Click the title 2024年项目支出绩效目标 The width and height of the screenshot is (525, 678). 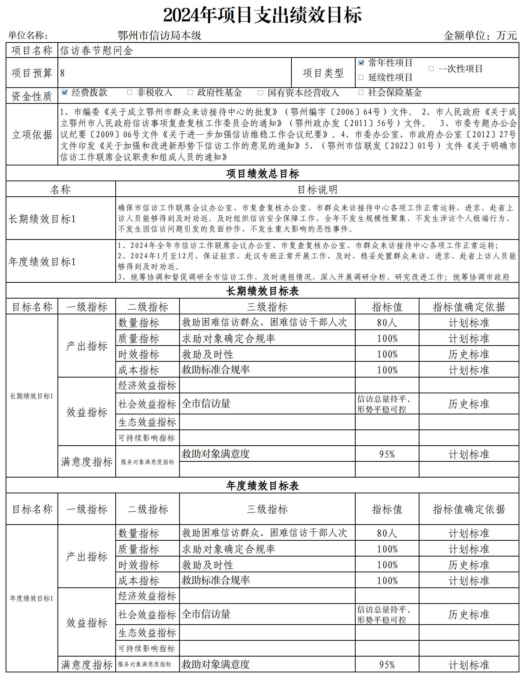pos(262,15)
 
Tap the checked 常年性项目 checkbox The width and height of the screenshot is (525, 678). pos(361,63)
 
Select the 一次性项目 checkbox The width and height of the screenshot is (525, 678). pos(431,69)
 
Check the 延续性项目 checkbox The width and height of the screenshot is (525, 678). pos(361,77)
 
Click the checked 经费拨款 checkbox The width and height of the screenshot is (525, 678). pos(65,93)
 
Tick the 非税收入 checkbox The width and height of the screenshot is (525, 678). pos(130,93)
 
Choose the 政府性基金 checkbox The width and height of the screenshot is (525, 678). pos(190,93)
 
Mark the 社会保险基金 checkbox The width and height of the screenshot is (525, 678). pos(361,93)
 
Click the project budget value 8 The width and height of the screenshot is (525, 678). pos(62,73)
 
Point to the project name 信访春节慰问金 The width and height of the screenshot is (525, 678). pos(97,51)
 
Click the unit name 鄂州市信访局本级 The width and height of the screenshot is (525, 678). pos(160,36)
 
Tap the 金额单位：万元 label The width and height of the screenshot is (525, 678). pos(480,36)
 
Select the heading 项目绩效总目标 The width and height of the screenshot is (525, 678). pos(262,174)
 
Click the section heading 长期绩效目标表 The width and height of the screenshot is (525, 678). pos(262,291)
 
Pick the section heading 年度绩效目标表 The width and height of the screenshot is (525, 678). pos(262,486)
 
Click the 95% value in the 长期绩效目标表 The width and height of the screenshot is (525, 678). pos(387,454)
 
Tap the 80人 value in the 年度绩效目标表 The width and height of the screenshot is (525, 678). pos(387,533)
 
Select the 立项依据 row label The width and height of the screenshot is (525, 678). pos(32,135)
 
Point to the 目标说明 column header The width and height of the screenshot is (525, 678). pos(317,190)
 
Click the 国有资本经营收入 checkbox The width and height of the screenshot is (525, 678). pos(260,93)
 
